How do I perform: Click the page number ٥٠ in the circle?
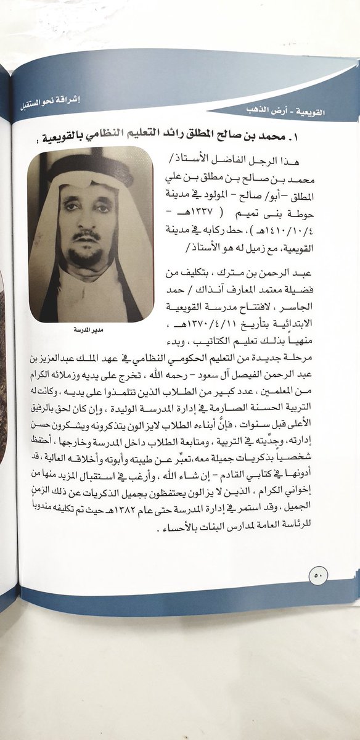[x=319, y=575]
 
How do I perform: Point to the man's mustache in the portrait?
[x=86, y=236]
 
